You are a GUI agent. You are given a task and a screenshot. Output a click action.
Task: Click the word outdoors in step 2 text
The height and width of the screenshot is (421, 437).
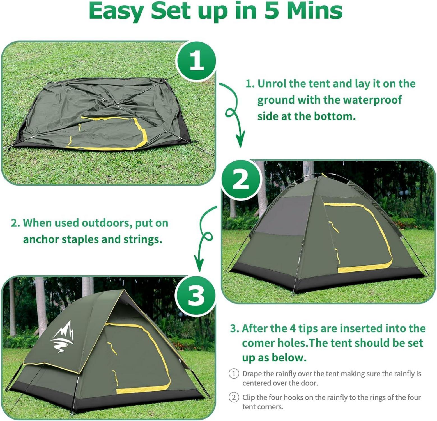107,223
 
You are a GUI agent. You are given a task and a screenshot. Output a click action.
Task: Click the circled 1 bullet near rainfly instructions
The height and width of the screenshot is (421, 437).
234,374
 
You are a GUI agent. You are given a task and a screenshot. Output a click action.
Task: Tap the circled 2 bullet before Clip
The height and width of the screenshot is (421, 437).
234,397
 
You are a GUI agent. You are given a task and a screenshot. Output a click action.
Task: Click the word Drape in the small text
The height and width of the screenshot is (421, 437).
252,374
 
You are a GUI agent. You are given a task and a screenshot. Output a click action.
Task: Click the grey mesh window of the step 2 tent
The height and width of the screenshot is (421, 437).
284,215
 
